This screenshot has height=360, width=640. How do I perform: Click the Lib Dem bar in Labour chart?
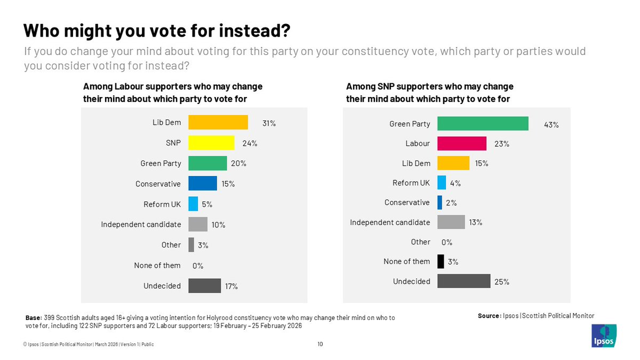[x=218, y=123]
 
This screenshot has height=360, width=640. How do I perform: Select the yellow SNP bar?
[x=211, y=143]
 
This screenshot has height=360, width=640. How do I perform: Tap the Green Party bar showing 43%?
[x=483, y=124]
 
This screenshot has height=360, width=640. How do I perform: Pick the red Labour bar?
[x=461, y=143]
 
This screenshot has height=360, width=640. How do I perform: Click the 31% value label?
[x=269, y=123]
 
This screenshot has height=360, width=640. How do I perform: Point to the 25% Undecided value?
[x=502, y=282]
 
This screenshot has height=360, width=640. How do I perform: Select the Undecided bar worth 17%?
[x=204, y=286]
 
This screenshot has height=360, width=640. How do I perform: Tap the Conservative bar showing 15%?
[x=203, y=184]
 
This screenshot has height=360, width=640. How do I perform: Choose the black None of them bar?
[x=441, y=261]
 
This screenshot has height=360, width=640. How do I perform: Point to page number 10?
[x=320, y=345]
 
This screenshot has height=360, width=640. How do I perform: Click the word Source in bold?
[x=489, y=316]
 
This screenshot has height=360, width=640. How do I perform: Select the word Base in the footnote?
[x=34, y=318]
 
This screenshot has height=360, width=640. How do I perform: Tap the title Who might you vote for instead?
[x=157, y=31]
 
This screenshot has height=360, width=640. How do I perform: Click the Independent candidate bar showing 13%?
[x=451, y=222]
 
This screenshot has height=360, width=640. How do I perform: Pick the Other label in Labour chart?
[x=171, y=245]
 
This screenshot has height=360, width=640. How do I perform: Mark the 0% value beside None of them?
[x=197, y=266]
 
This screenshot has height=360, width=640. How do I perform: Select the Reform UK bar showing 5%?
[x=193, y=204]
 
